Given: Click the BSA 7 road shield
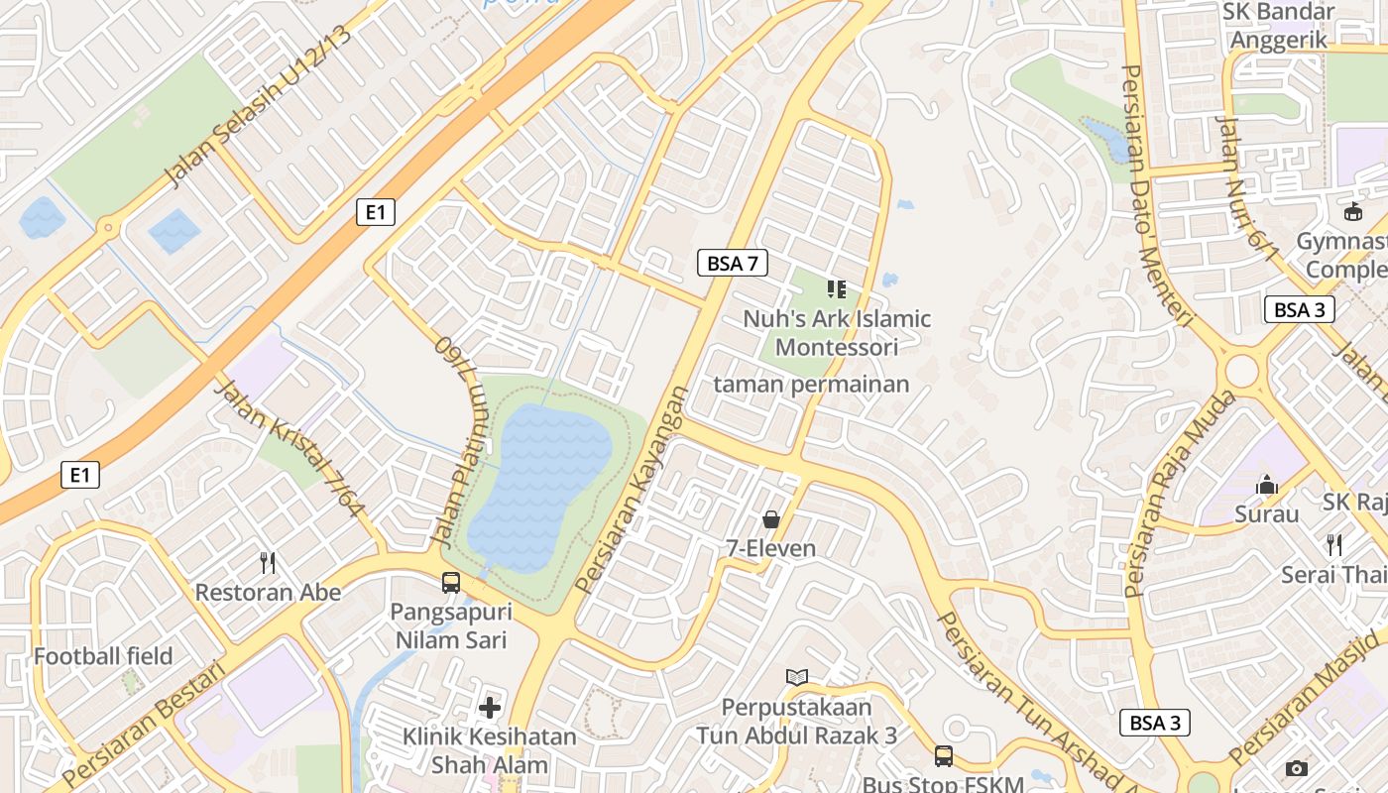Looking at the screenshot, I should point(733,263).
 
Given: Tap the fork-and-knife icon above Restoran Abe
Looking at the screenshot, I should point(267,563).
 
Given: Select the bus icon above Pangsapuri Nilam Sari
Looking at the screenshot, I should point(451,582).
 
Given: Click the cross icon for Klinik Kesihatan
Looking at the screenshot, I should point(489,707).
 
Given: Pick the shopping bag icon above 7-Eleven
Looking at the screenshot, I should point(770,518).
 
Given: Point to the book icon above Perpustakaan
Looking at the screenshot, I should point(796,677).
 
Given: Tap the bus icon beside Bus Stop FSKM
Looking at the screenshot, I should point(944,756).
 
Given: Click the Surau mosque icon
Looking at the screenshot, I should point(1266,485).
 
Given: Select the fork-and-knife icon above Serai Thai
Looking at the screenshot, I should point(1334,544).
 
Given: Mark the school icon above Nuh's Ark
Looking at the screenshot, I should point(836,288).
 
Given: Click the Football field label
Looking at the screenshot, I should point(103,656).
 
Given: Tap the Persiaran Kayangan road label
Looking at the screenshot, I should point(632,490).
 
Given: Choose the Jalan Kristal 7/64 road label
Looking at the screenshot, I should point(289,448).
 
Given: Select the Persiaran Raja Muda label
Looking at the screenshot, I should point(1179,494).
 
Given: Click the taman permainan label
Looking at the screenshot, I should point(811,385).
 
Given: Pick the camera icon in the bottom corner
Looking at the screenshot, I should point(1296,768).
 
